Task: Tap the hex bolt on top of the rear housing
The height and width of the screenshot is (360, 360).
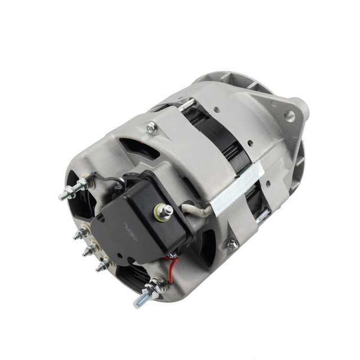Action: coord(151,128)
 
